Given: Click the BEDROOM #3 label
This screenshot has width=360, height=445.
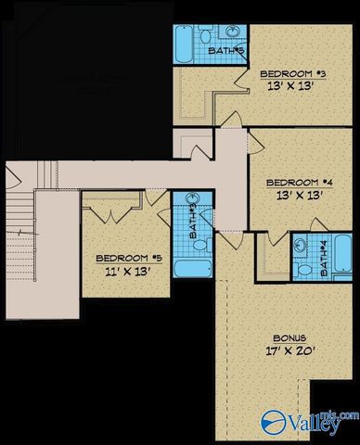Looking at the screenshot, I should pyautogui.click(x=289, y=72).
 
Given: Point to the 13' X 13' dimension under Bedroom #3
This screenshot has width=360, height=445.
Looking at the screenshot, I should pyautogui.click(x=289, y=86).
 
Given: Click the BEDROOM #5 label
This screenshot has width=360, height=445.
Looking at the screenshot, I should pyautogui.click(x=122, y=259).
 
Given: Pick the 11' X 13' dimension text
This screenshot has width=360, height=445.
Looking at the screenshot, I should pyautogui.click(x=122, y=273).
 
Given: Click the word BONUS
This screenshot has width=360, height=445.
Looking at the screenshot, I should pyautogui.click(x=289, y=338).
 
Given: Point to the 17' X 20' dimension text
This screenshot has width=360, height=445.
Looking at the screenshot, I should pyautogui.click(x=289, y=353).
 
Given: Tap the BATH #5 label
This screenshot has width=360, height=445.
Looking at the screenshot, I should pyautogui.click(x=225, y=51).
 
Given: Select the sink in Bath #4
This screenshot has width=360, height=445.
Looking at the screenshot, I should pyautogui.click(x=304, y=246).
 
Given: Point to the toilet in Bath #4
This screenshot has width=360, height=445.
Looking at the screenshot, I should pyautogui.click(x=303, y=269).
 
